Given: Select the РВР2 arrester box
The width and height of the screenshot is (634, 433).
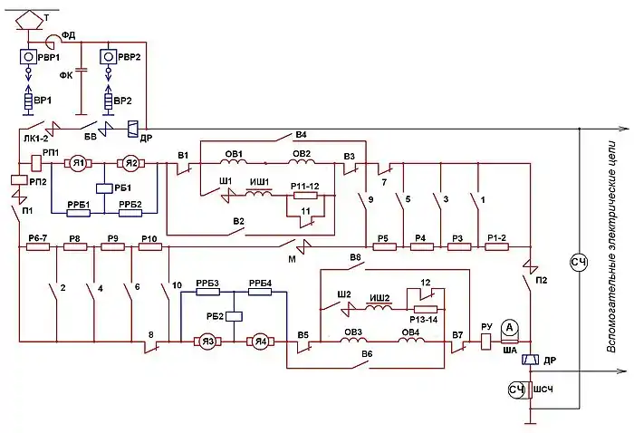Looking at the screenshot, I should pyautogui.click(x=110, y=57).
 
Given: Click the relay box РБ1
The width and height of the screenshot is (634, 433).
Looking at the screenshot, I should pyautogui.click(x=105, y=187).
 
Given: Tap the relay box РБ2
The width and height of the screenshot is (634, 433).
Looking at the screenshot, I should pyautogui.click(x=235, y=317).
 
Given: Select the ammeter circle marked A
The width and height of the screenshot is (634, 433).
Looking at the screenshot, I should pyautogui.click(x=509, y=326).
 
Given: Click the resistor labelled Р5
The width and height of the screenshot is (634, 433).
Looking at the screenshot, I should pyautogui.click(x=383, y=246).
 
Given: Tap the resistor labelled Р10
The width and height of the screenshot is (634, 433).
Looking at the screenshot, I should pyautogui.click(x=149, y=246).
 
